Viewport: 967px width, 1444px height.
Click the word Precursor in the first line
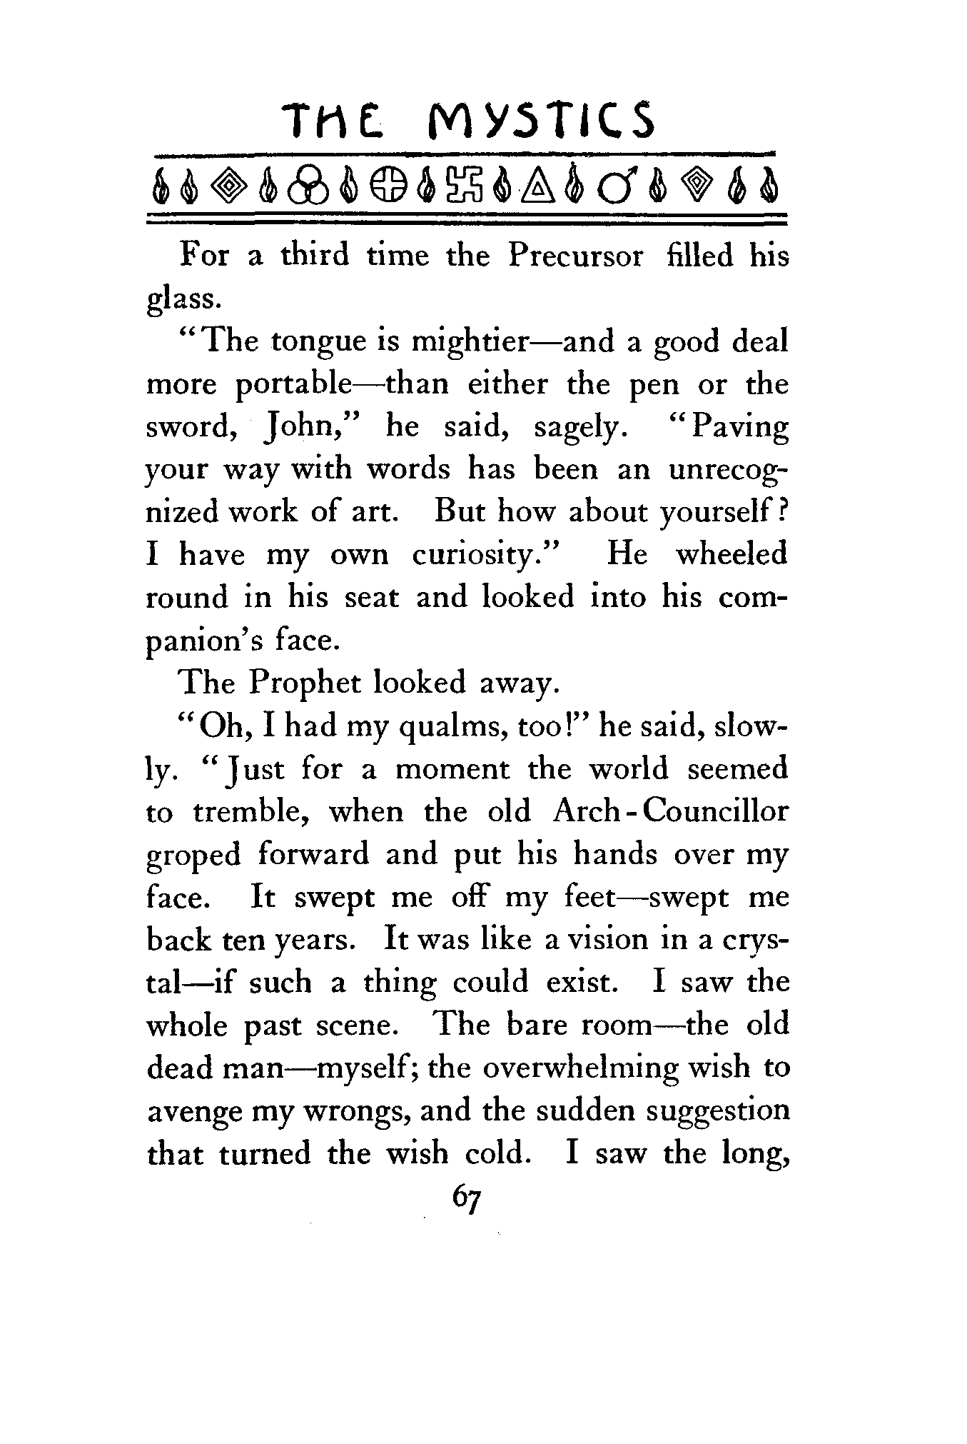pos(575,256)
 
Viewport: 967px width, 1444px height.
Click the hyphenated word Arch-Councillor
pos(670,812)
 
